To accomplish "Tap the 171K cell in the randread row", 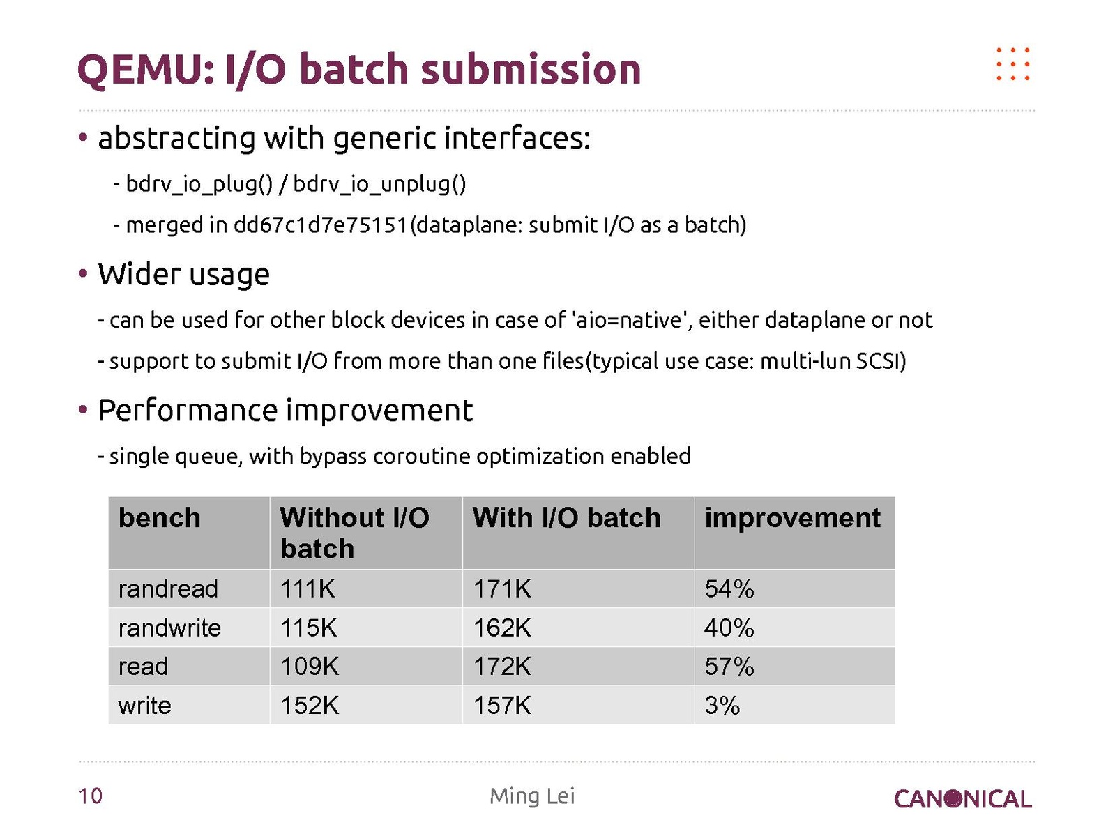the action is pos(502,589).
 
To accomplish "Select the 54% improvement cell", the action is pos(729,589).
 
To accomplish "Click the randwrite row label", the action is pos(169,628).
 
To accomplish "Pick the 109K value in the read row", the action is pos(310,667).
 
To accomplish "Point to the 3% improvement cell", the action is pos(722,706).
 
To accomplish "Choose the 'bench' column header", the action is pos(160,518).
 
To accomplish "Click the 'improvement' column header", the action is pos(792,519).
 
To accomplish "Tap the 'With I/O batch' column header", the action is pos(566,518).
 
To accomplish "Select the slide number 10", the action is pos(91,796).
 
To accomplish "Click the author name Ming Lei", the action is pos(532,796).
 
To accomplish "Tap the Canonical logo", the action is pos(962,799).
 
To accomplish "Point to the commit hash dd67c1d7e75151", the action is pos(321,225).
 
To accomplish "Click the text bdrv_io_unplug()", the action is pos(379,184).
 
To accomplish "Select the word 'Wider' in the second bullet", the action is pos(139,274).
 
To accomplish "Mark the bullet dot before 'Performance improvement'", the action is pos(83,409).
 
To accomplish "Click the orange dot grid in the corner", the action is pos(1013,64).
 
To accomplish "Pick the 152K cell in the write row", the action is pos(310,706).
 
